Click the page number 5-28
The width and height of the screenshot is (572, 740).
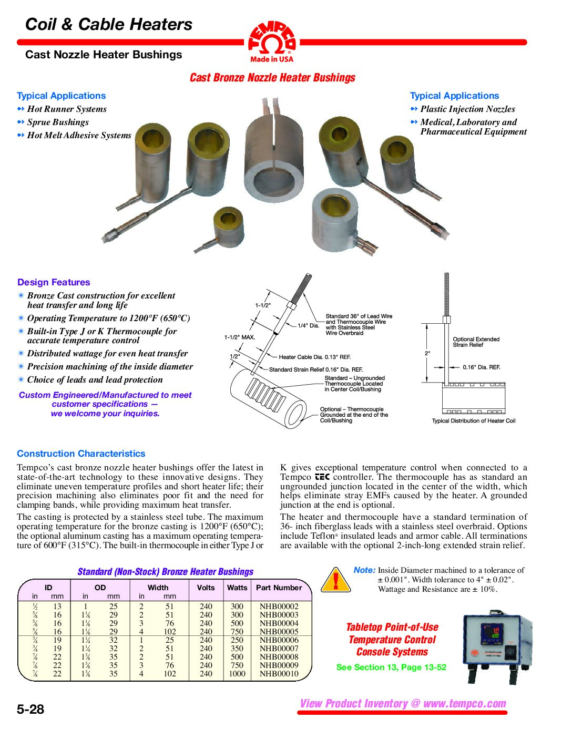pyautogui.click(x=30, y=709)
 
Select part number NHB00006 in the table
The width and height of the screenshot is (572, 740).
pyautogui.click(x=279, y=640)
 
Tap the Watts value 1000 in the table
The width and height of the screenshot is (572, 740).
pyautogui.click(x=237, y=674)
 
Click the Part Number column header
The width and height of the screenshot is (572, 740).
pyautogui.click(x=279, y=588)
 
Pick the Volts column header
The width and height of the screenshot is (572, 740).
pyautogui.click(x=206, y=588)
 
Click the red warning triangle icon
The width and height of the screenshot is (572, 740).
pyautogui.click(x=335, y=580)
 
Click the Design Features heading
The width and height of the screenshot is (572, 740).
pyautogui.click(x=54, y=282)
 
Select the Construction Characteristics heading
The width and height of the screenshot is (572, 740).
pyautogui.click(x=81, y=454)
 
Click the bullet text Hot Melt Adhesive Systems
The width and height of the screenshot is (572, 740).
pyautogui.click(x=79, y=135)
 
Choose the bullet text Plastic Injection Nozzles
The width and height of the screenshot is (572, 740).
pyautogui.click(x=467, y=109)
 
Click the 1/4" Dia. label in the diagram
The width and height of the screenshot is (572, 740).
pyautogui.click(x=309, y=325)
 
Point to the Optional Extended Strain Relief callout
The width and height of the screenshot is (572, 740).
pyautogui.click(x=476, y=342)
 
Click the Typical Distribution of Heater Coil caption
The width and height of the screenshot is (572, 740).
pyautogui.click(x=473, y=421)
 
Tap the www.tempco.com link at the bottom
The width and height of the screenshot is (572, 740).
pyautogui.click(x=464, y=704)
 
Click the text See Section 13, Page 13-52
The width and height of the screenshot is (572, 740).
pyautogui.click(x=391, y=667)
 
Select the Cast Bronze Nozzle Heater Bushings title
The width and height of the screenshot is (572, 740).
pyautogui.click(x=272, y=78)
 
